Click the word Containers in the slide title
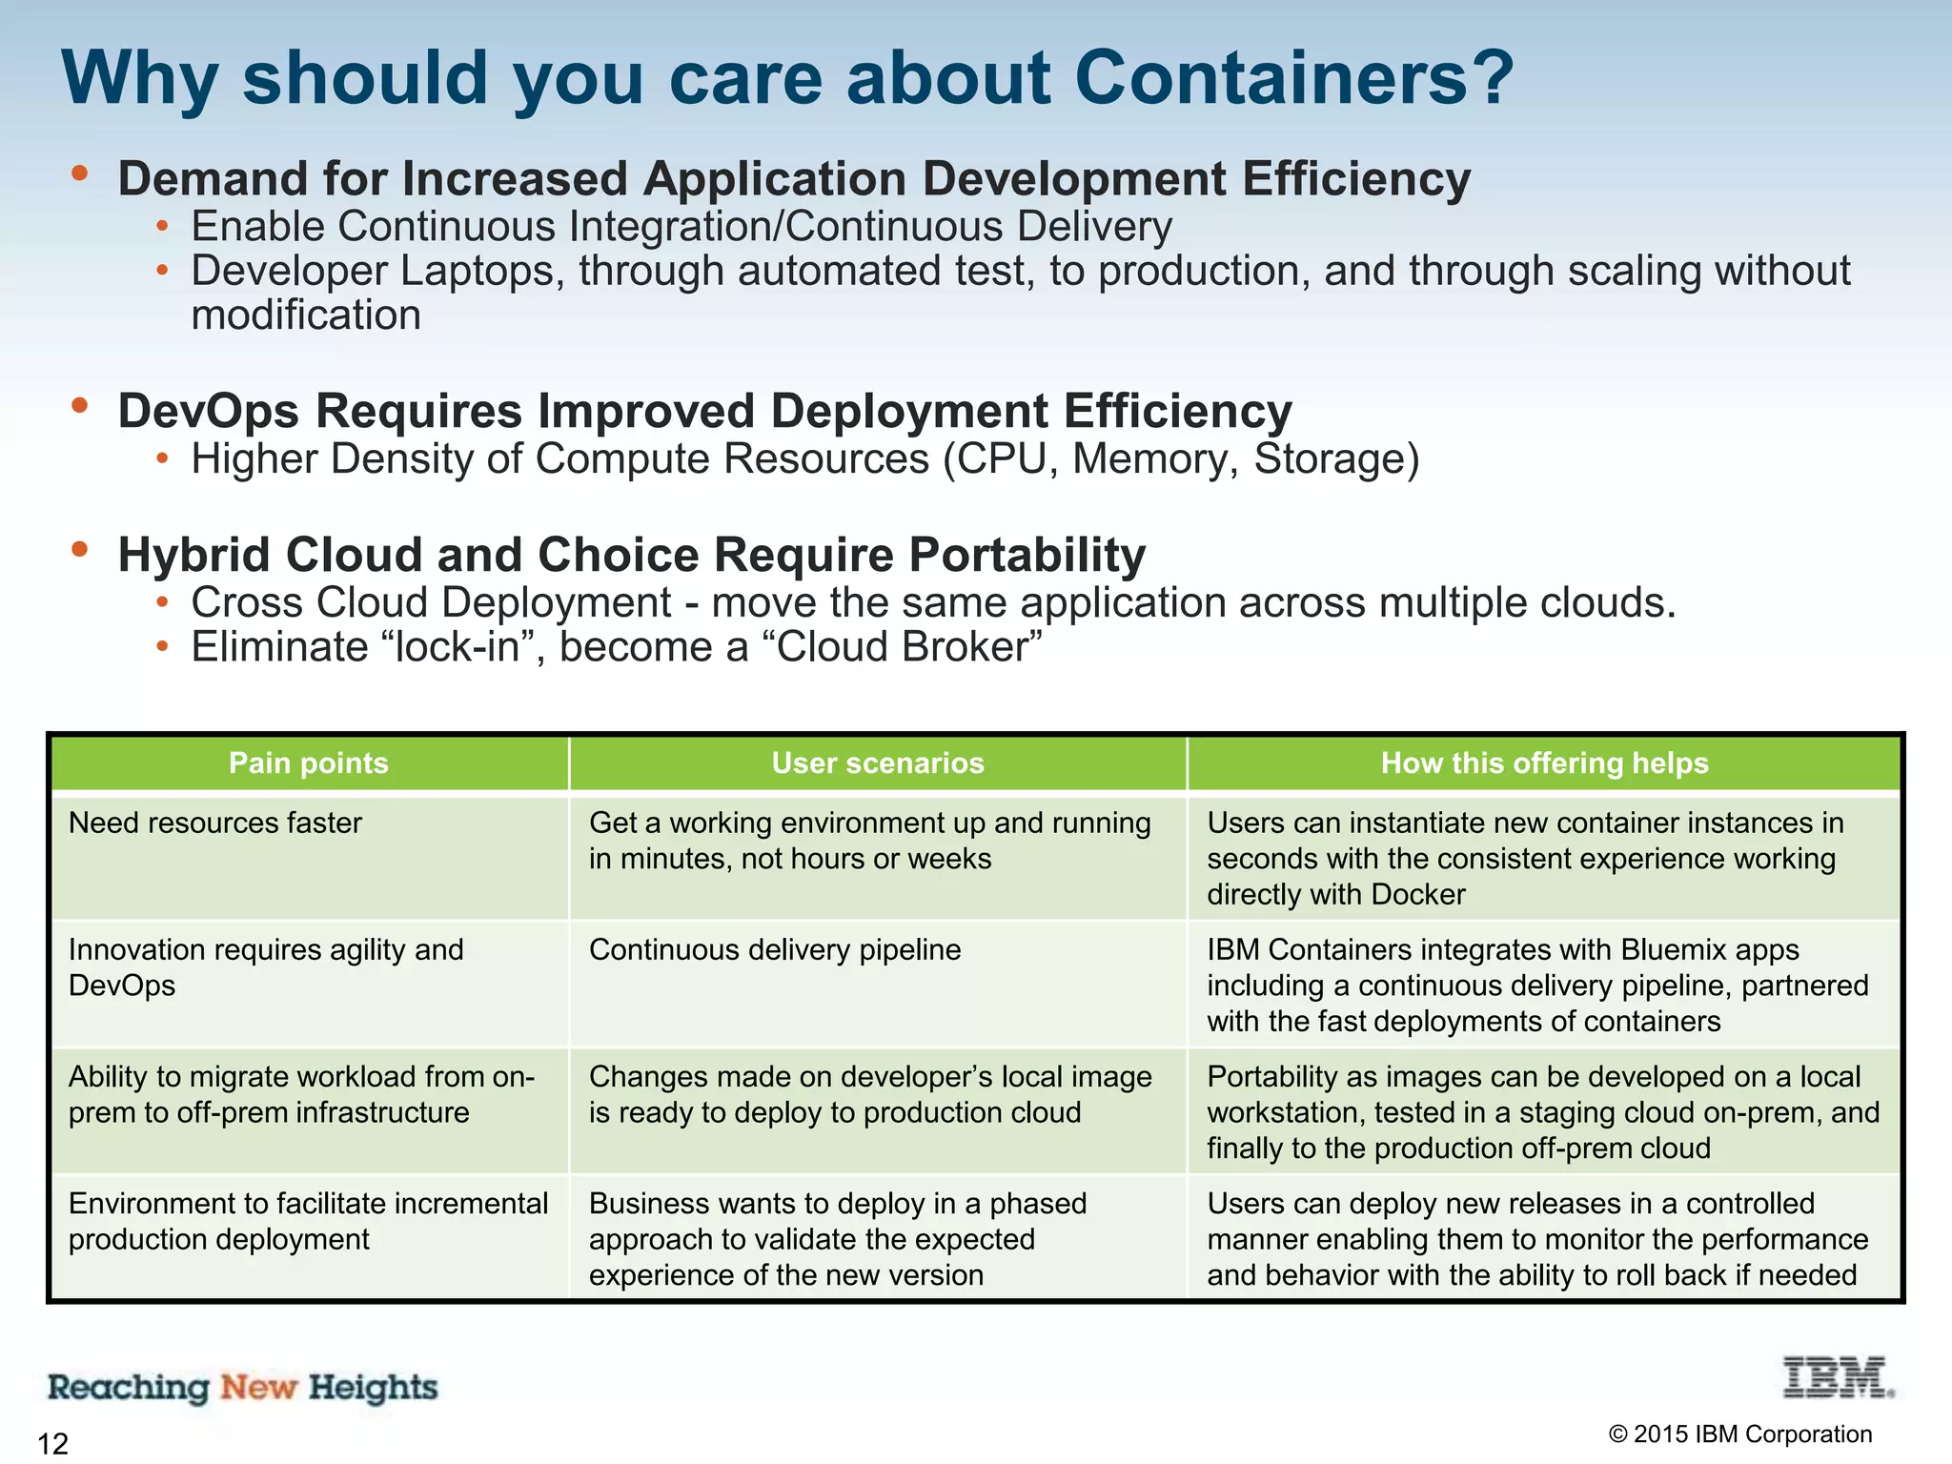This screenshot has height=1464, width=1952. [x=1292, y=78]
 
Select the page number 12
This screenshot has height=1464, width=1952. [x=53, y=1443]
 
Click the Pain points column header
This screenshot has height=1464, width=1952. [x=309, y=763]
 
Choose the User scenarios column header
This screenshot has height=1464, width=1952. [x=878, y=763]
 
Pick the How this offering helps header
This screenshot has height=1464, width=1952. [x=1544, y=763]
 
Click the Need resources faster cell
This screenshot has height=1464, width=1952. [x=215, y=823]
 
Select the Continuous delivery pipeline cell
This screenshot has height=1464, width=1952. [x=775, y=949]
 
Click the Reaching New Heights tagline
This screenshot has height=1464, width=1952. [x=243, y=1388]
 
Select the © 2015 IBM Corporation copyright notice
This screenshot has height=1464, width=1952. [x=1739, y=1433]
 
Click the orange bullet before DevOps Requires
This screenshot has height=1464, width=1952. [x=80, y=406]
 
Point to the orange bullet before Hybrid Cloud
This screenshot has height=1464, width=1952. [x=80, y=549]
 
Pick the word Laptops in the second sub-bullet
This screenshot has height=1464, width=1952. [x=476, y=271]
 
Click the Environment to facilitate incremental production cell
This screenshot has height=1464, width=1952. [x=308, y=1221]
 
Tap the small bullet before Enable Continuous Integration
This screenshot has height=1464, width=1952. [x=163, y=227]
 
